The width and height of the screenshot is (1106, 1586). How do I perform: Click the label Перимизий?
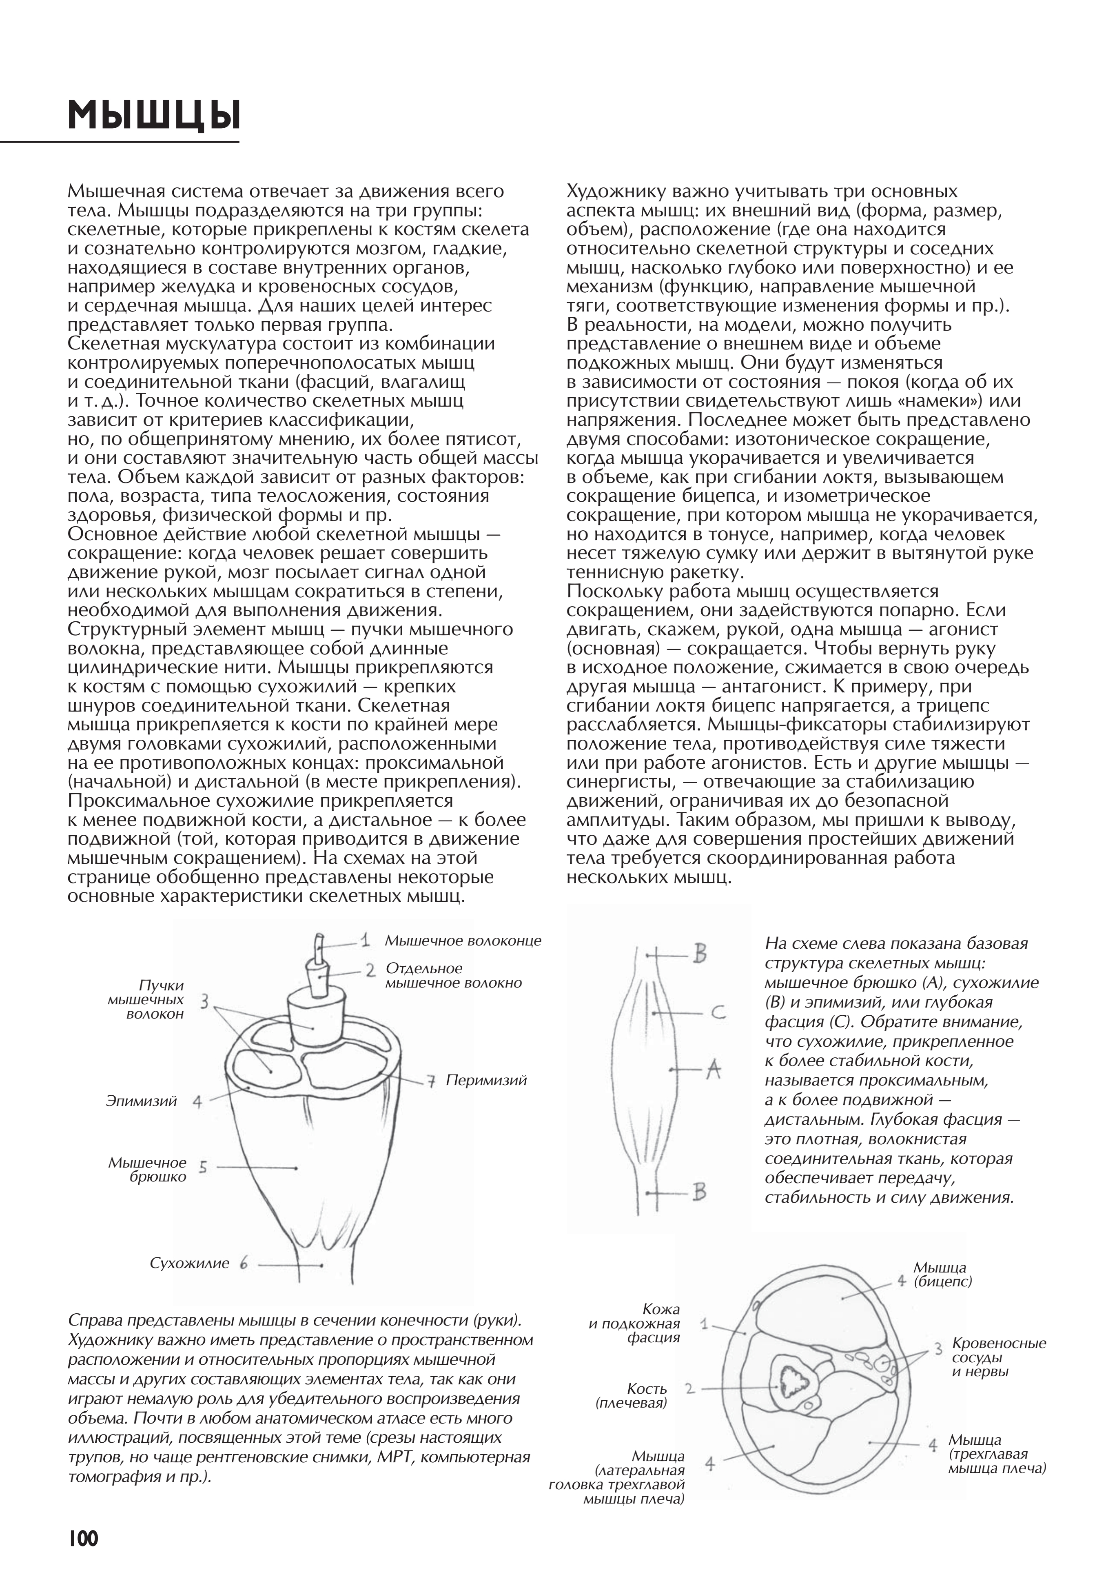click(x=486, y=1080)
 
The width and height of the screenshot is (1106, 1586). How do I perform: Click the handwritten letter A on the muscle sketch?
click(x=713, y=1070)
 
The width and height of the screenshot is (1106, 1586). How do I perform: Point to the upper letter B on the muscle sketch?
click(x=699, y=954)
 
